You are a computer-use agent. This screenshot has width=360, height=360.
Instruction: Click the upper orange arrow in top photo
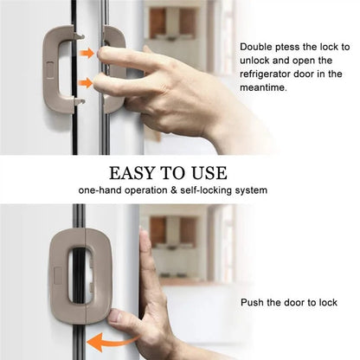pyautogui.click(x=87, y=54)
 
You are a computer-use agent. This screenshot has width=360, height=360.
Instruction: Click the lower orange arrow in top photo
pyautogui.click(x=87, y=84)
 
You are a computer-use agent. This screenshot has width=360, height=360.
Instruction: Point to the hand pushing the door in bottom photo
pyautogui.click(x=160, y=303)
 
